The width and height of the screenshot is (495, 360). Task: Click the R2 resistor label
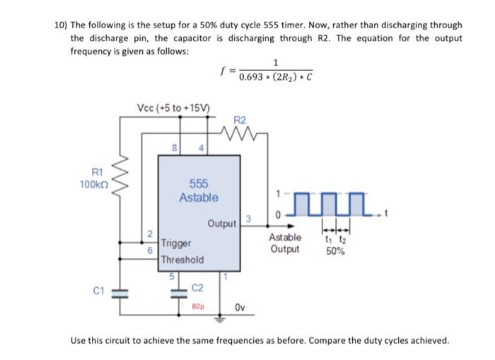(x=239, y=120)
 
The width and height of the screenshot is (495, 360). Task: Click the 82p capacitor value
(x=198, y=308)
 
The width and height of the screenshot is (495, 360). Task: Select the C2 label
(x=198, y=288)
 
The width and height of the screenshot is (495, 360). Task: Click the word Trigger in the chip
(x=176, y=243)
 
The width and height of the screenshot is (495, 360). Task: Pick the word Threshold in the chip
(x=182, y=260)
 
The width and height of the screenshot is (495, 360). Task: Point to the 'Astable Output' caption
(x=286, y=243)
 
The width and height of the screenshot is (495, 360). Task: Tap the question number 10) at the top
(x=61, y=25)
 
